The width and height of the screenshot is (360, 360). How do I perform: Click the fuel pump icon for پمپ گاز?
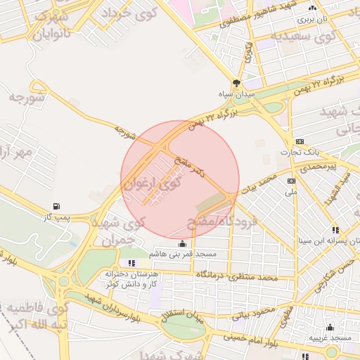point(56,207)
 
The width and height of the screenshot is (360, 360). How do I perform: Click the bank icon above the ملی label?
point(291,181)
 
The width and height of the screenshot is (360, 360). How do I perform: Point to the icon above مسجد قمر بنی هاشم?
point(184,243)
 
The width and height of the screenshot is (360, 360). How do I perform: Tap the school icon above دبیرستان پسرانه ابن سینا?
point(335,229)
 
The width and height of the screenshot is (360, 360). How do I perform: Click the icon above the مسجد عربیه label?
point(330,327)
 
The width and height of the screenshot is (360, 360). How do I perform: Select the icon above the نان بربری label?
point(313,7)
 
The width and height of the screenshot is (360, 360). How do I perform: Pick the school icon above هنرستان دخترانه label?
point(131,263)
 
